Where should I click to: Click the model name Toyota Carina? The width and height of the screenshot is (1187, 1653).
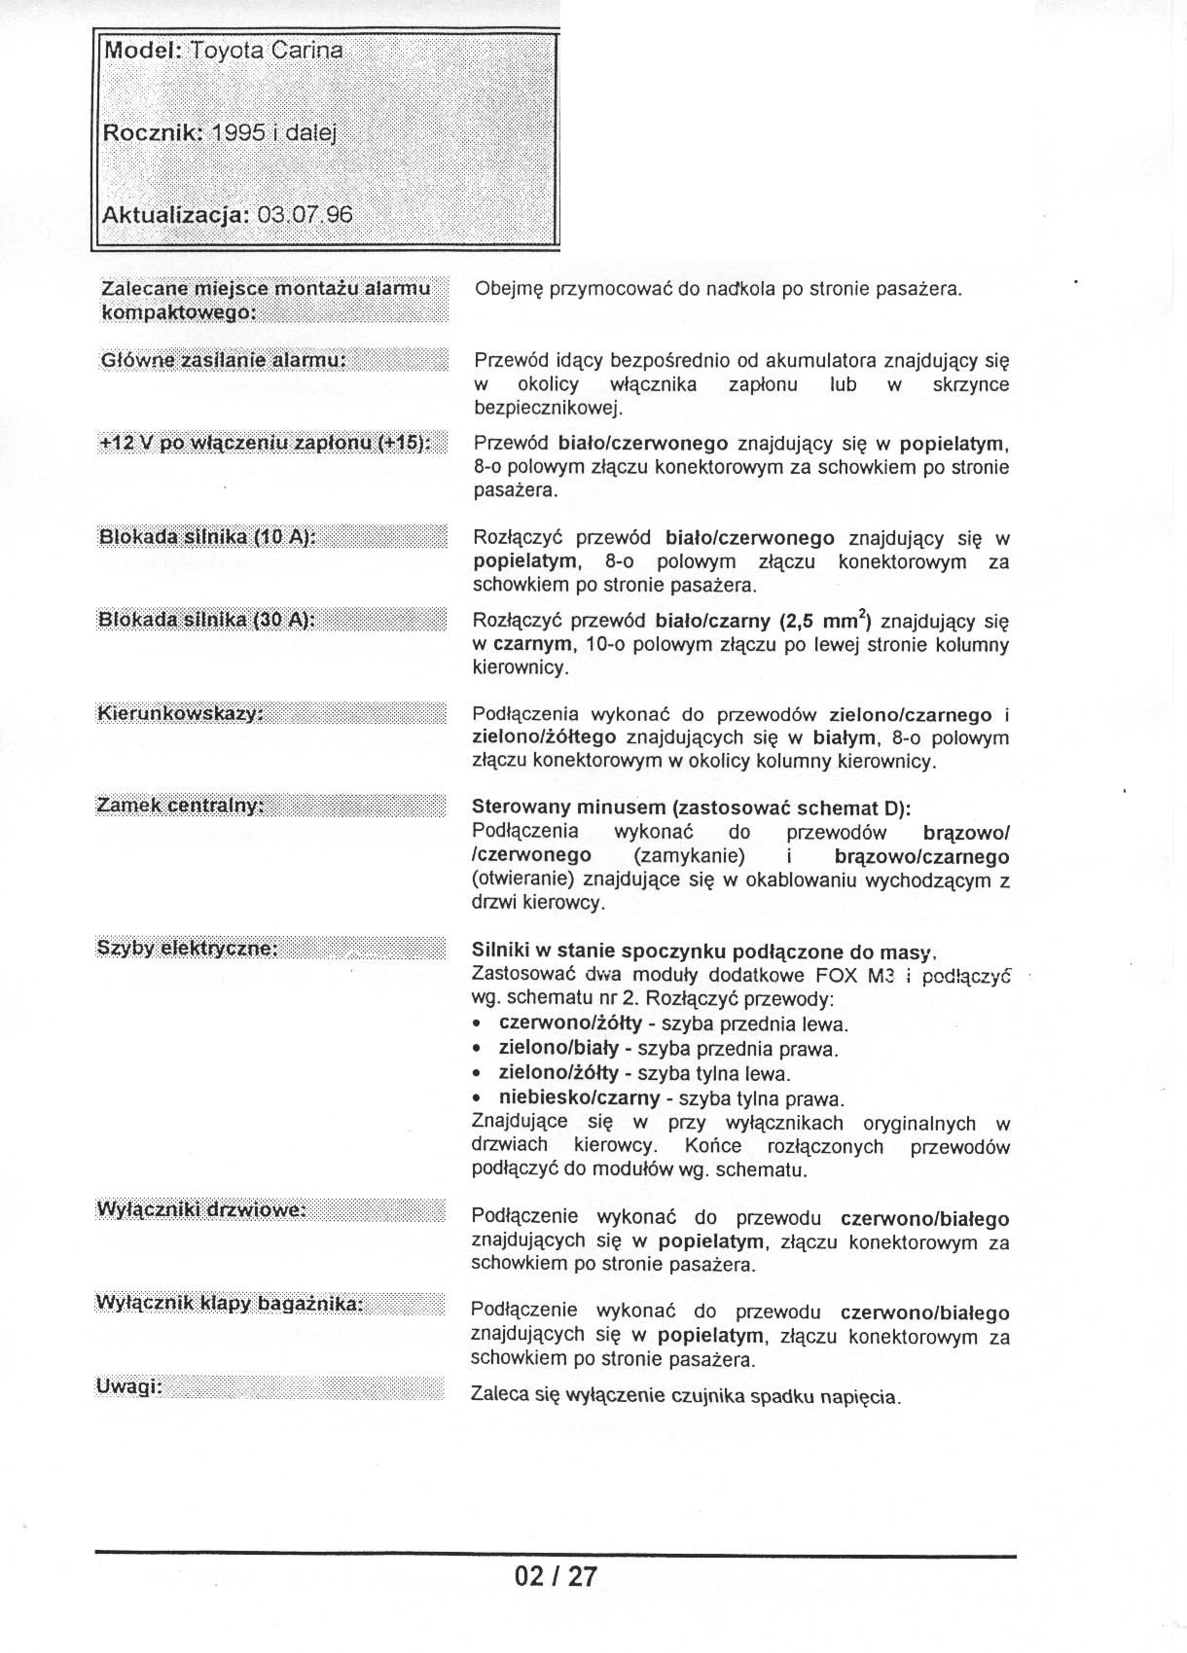[267, 51]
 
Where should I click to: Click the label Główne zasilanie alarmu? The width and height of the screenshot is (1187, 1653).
[224, 360]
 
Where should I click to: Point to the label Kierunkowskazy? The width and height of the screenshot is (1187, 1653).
[180, 714]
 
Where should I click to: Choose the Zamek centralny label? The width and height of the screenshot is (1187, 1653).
[180, 806]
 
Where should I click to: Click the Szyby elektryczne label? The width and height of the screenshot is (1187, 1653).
[187, 948]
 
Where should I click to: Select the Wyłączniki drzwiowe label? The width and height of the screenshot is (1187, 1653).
[201, 1209]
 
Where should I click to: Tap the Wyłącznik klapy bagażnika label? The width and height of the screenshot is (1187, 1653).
[229, 1303]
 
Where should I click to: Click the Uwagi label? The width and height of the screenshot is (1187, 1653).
[128, 1387]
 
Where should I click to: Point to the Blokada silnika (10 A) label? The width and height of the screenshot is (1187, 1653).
[207, 537]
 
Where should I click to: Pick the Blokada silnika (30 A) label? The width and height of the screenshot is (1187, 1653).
[207, 620]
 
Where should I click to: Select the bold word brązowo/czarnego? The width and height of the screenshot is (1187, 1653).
[921, 857]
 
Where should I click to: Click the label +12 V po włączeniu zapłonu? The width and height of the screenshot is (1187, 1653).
[265, 444]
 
